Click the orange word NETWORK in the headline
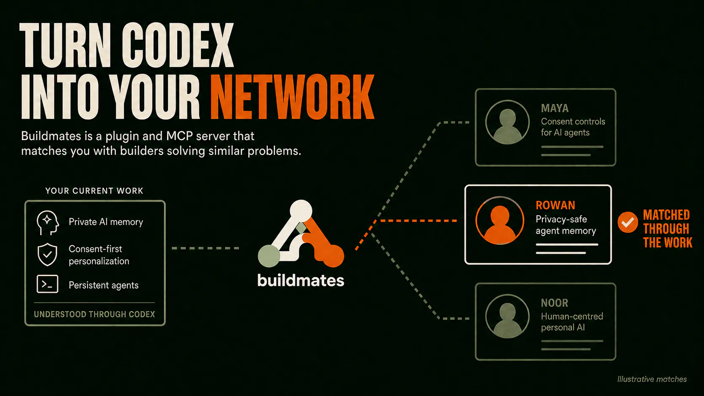pos(292,97)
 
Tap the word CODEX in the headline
pos(178,45)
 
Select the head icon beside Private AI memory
pos(48,223)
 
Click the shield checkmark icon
pos(47,254)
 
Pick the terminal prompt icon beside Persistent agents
pos(47,284)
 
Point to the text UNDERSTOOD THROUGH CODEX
pos(94,314)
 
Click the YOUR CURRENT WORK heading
pos(94,191)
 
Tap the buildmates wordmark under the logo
pos(301,280)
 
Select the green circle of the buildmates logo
pos(269,256)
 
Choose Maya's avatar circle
pos(507,122)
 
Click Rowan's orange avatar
pos(500,221)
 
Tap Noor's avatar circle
pos(507,316)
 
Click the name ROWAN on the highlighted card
pos(555,205)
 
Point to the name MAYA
pos(555,108)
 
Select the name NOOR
pos(555,303)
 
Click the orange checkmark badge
pos(628,222)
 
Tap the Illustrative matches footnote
pos(652,379)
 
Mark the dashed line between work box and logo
pos(205,248)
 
